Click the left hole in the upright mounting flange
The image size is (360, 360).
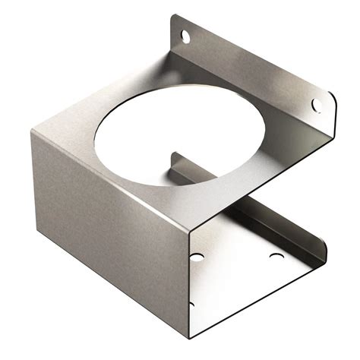(185, 35)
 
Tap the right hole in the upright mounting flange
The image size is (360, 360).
(317, 105)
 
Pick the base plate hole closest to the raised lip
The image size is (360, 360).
(276, 256)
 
